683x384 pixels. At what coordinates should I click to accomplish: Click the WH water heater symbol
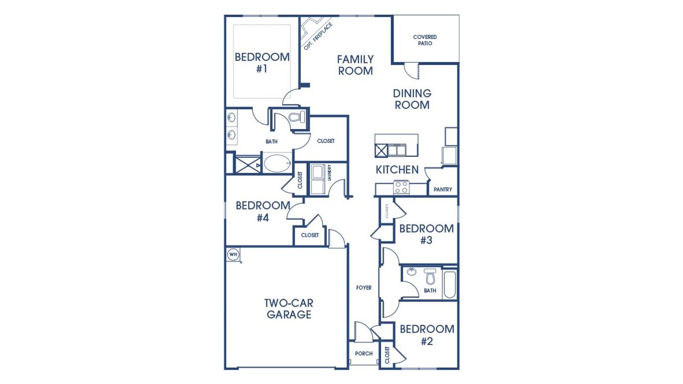233,254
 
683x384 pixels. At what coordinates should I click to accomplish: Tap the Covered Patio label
425,40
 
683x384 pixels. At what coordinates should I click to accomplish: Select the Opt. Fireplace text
318,36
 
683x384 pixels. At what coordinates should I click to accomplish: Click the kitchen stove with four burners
401,187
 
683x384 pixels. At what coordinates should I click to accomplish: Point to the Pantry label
443,189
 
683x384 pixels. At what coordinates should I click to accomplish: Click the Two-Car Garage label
289,309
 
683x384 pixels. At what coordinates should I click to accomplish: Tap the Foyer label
364,288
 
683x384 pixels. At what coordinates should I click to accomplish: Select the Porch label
363,354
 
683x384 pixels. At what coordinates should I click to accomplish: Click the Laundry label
330,172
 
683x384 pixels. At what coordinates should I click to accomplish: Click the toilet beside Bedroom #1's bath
295,118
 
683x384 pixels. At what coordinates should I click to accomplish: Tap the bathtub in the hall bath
450,284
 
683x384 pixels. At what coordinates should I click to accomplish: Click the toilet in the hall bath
430,277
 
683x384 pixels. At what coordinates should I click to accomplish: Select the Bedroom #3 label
426,234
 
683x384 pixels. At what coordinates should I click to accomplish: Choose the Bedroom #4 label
263,211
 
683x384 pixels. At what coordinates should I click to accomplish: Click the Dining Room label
412,99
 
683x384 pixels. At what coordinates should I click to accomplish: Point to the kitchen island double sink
398,150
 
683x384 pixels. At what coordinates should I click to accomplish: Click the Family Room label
355,65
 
